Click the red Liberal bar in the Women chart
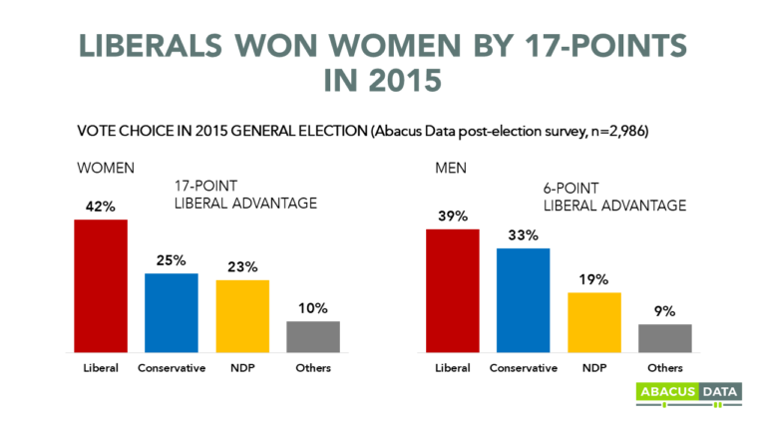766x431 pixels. coord(101,285)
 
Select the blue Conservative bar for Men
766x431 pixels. coord(523,299)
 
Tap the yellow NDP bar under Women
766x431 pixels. coord(242,315)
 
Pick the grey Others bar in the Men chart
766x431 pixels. coord(664,338)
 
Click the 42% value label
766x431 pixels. coord(101,207)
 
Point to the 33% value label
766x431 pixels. coord(523,235)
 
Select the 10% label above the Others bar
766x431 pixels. coord(313,308)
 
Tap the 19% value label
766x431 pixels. coord(593,279)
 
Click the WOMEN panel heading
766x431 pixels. coord(107,167)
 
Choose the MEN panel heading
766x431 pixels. coord(450,167)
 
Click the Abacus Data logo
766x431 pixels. coord(687,394)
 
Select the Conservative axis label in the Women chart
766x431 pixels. coord(172,368)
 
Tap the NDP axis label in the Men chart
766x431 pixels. coord(593,368)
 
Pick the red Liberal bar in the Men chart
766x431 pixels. coord(452,290)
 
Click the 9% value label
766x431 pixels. coord(664,311)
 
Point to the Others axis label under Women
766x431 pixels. coord(313,368)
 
